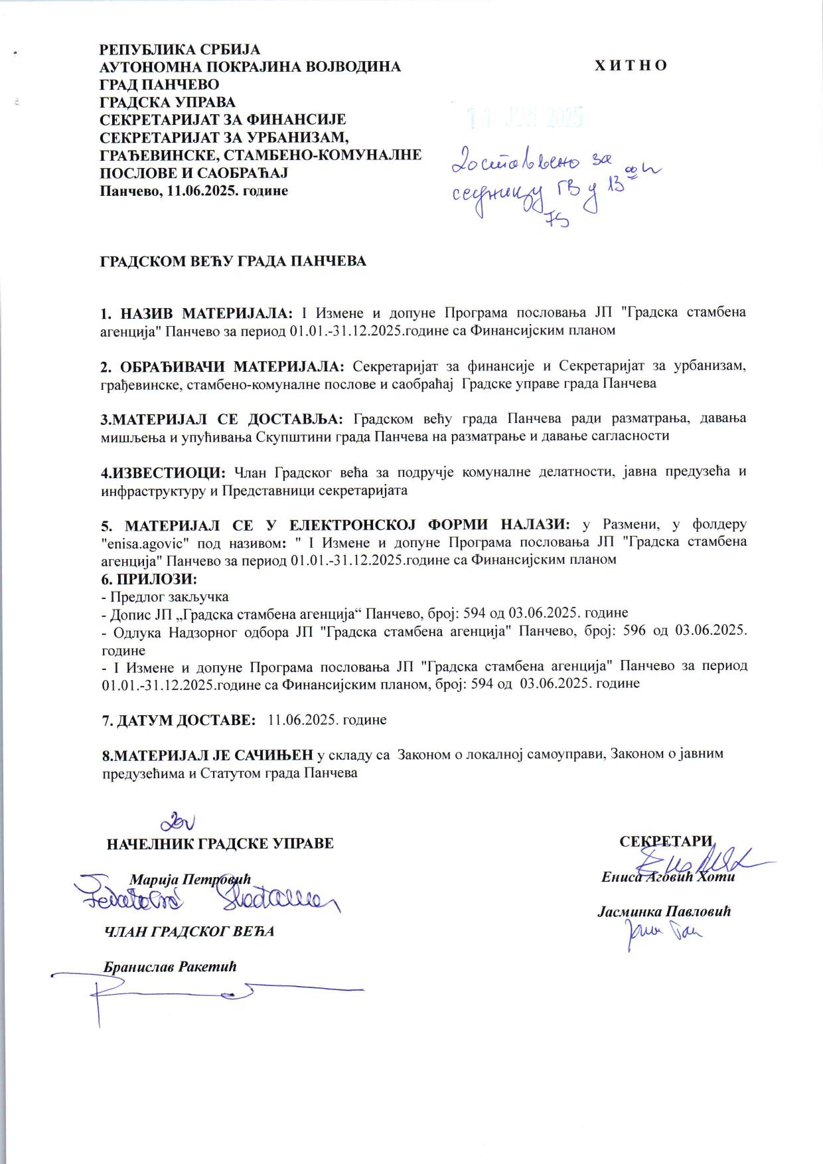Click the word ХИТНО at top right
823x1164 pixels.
tap(631, 66)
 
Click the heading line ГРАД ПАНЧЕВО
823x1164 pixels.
tap(159, 84)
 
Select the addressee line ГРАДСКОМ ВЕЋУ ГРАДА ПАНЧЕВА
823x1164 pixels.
tap(233, 261)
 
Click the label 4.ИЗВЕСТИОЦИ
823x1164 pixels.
tap(163, 472)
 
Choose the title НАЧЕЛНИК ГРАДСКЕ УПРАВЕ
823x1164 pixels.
tap(220, 844)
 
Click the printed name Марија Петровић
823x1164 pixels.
tap(191, 880)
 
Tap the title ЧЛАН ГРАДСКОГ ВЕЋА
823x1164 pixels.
tap(190, 931)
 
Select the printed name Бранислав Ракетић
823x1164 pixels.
tap(171, 966)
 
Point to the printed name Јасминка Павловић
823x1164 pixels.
tap(664, 912)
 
